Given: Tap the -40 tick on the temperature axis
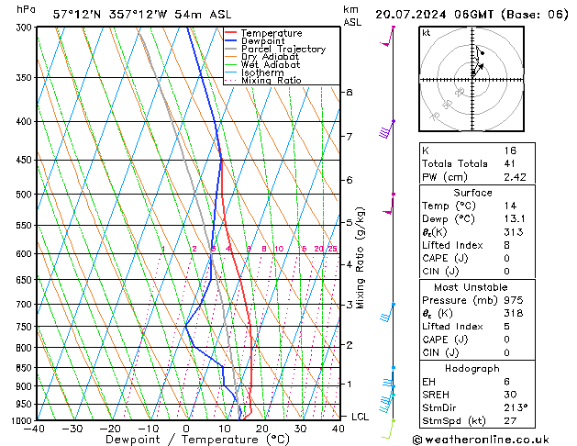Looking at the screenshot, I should [x=34, y=429].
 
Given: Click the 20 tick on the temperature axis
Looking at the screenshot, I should [x=261, y=429].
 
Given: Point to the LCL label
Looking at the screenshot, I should [x=361, y=417].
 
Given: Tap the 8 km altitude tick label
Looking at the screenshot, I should [x=349, y=93].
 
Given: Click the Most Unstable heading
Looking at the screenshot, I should [x=472, y=287].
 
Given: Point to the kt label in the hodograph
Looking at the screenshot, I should [x=427, y=33].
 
